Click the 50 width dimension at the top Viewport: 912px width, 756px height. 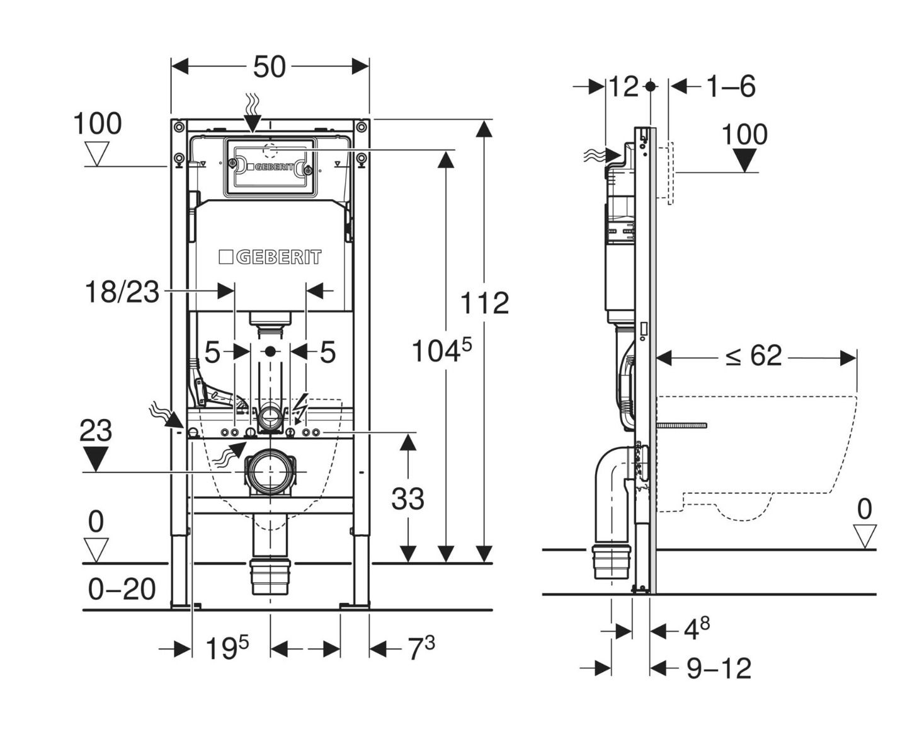click(270, 67)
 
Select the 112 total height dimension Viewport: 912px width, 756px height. click(484, 303)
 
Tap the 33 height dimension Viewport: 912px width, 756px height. click(408, 499)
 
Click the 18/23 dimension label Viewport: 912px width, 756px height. click(122, 292)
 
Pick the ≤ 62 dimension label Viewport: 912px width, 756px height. click(753, 357)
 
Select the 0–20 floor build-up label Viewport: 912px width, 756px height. click(122, 590)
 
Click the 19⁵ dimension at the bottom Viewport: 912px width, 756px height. click(227, 648)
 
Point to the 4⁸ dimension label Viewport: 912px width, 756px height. click(697, 629)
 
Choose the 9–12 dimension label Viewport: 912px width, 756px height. click(719, 668)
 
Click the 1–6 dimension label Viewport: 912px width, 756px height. click(731, 86)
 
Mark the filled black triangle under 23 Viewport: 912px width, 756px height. click(95, 458)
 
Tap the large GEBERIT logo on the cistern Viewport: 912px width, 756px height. click(270, 257)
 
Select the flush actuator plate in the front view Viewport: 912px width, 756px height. click(269, 167)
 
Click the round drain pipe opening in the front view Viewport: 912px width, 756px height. click(271, 471)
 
